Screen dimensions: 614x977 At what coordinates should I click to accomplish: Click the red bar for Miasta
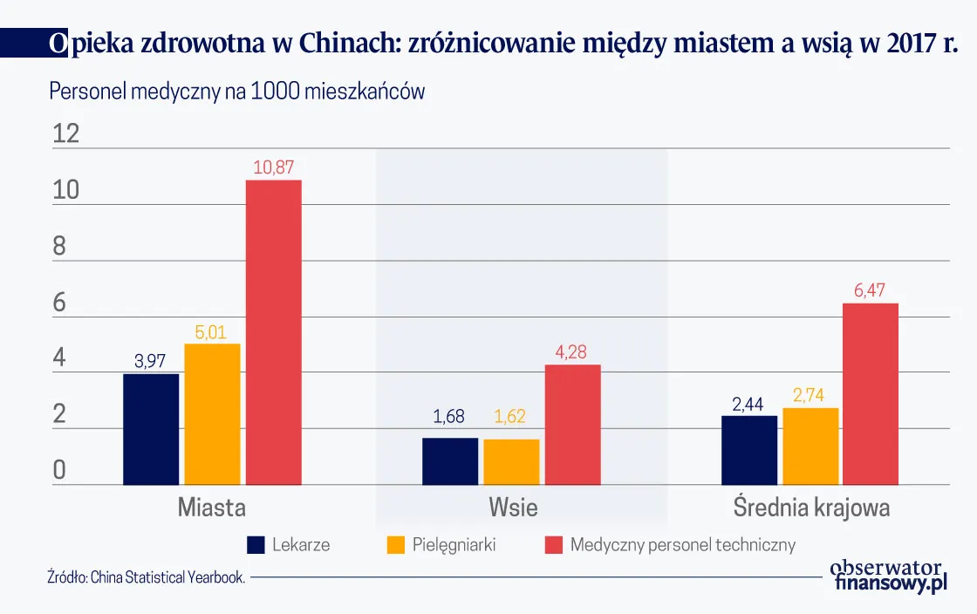click(273, 331)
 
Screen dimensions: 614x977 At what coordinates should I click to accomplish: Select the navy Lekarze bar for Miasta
click(151, 429)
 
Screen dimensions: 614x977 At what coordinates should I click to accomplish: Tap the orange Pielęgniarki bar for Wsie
click(511, 461)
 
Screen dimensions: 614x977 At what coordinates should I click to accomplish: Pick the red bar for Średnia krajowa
click(870, 393)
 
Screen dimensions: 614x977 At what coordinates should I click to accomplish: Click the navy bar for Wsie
click(450, 460)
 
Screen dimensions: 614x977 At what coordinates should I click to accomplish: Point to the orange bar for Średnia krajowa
click(810, 446)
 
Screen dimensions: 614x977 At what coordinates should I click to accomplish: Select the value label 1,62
click(510, 417)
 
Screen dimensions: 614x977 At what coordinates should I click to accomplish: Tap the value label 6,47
click(870, 290)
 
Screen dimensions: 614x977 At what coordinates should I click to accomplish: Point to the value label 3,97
click(150, 361)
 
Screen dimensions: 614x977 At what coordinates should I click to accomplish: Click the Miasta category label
click(212, 507)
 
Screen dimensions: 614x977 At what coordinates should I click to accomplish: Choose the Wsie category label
click(513, 507)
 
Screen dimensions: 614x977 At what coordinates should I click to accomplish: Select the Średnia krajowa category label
click(811, 507)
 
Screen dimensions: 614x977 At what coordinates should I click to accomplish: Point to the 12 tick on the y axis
click(66, 133)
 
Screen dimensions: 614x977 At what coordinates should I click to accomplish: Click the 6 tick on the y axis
click(60, 303)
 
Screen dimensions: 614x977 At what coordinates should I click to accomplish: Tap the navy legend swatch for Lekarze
click(256, 545)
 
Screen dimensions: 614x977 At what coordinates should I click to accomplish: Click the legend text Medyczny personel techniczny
click(683, 545)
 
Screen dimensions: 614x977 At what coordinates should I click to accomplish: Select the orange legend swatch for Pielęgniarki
click(396, 545)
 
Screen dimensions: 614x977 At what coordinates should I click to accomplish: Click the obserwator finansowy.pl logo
click(888, 576)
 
